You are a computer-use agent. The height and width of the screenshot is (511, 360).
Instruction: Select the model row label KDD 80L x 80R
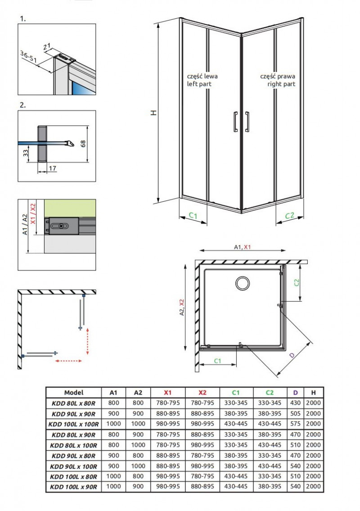pyautogui.click(x=74, y=403)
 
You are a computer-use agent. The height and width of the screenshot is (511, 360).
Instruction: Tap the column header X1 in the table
pyautogui.click(x=168, y=393)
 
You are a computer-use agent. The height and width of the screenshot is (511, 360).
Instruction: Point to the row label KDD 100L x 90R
pyautogui.click(x=74, y=486)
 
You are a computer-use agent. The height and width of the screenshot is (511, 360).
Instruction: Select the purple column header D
pyautogui.click(x=296, y=393)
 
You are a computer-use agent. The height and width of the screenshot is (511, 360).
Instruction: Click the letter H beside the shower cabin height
pyautogui.click(x=154, y=113)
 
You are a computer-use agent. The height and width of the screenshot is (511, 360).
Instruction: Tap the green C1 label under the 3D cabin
pyautogui.click(x=193, y=216)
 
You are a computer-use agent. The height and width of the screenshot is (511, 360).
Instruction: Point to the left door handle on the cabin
pyautogui.click(x=235, y=122)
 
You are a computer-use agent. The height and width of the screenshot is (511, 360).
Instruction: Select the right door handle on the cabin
pyautogui.click(x=247, y=122)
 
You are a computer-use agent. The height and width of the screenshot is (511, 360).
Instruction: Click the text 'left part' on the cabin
pyautogui.click(x=199, y=84)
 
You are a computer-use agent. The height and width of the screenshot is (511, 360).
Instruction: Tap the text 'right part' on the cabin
pyautogui.click(x=281, y=84)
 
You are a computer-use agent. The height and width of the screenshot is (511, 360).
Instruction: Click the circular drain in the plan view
pyautogui.click(x=242, y=283)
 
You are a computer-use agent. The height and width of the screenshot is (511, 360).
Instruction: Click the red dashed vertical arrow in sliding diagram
pyautogui.click(x=87, y=341)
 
